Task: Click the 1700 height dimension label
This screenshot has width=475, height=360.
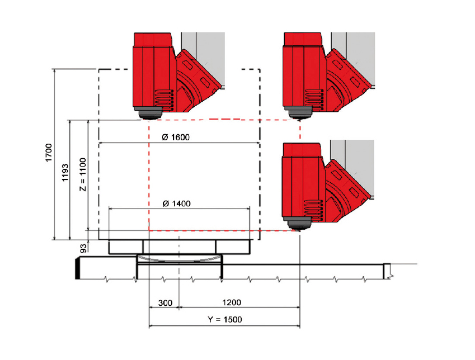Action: point(49,153)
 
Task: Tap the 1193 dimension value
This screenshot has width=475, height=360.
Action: point(65,173)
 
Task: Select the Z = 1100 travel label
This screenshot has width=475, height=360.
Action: point(83,174)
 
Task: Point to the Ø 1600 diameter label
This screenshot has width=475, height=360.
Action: point(176,138)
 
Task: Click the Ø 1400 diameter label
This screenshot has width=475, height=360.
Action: point(177,203)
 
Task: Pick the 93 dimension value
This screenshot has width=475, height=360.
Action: point(83,248)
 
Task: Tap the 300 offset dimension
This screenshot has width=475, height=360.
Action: point(166,303)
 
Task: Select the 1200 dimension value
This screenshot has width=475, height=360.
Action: point(232,302)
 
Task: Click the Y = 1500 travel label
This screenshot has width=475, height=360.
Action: point(225,319)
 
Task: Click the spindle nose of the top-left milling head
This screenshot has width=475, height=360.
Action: point(149,114)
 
